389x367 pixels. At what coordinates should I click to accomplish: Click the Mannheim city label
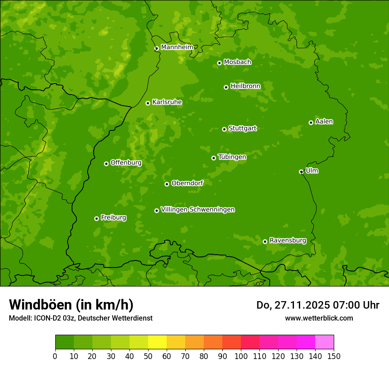pos(177,47)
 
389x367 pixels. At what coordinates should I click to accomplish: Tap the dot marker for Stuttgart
pos(224,129)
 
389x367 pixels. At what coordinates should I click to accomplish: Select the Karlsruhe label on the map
pos(167,102)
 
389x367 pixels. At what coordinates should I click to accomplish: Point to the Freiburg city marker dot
pos(96,218)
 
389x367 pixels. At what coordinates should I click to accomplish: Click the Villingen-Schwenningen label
pos(198,210)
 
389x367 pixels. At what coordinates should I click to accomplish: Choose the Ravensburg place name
pos(288,241)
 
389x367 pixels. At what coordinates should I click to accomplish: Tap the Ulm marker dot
pos(301,172)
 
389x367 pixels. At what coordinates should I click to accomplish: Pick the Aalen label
pos(324,122)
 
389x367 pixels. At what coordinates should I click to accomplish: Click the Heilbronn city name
pos(245,86)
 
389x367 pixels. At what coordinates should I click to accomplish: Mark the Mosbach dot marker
pos(219,63)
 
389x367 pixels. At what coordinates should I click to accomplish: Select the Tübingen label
pos(232,157)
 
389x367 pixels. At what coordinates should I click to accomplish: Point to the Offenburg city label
pos(126,163)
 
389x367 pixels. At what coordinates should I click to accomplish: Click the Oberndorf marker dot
pos(167,184)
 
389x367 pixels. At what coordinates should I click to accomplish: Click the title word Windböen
pos(40,305)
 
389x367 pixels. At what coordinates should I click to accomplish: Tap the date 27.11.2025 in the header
pos(301,305)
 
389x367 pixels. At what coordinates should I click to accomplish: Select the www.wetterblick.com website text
pos(319,318)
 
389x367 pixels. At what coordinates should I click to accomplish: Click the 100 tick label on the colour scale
pos(241,356)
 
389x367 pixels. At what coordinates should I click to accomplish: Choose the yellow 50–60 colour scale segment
pos(157,342)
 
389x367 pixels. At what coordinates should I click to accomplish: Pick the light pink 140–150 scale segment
pos(324,342)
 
